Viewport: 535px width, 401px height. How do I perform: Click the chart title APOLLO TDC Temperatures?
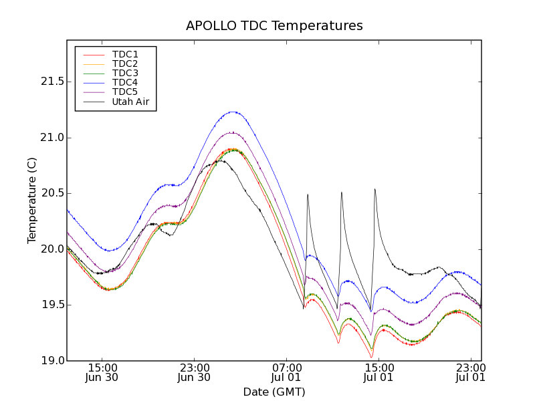[x=274, y=26]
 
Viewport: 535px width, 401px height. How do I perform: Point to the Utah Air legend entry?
[x=130, y=102]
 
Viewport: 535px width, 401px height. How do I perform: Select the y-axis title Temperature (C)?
[x=32, y=200]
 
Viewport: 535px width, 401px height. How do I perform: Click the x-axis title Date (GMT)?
[x=274, y=392]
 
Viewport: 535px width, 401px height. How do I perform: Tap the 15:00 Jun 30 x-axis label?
[x=102, y=372]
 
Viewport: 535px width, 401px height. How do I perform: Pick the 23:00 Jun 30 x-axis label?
[x=195, y=372]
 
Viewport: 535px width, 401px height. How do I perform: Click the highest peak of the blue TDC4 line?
[x=233, y=112]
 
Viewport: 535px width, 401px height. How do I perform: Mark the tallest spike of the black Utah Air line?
[x=374, y=188]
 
